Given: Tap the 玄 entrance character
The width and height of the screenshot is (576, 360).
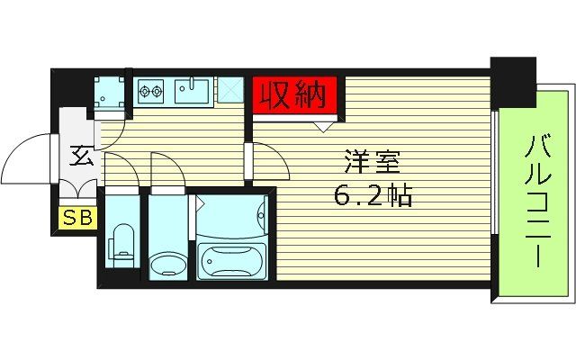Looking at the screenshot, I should click(x=79, y=155).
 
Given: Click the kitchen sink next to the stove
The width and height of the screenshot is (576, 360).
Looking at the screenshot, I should click(x=192, y=91).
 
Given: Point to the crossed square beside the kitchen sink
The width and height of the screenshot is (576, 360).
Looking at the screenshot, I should click(x=229, y=91).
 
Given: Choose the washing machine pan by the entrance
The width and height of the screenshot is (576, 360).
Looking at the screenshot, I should click(x=112, y=93).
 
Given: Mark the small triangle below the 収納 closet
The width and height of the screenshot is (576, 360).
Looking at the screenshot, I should click(x=321, y=126).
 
